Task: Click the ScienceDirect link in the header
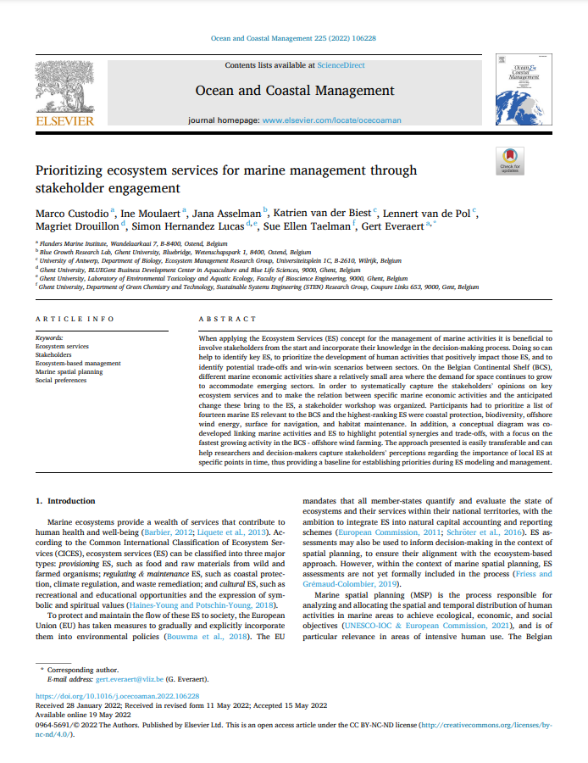pos(340,64)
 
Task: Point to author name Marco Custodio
pos(70,214)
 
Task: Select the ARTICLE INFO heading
pos(75,319)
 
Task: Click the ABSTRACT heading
pos(227,319)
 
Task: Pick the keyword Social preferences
pos(61,381)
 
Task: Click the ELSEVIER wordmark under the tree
pos(64,121)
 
